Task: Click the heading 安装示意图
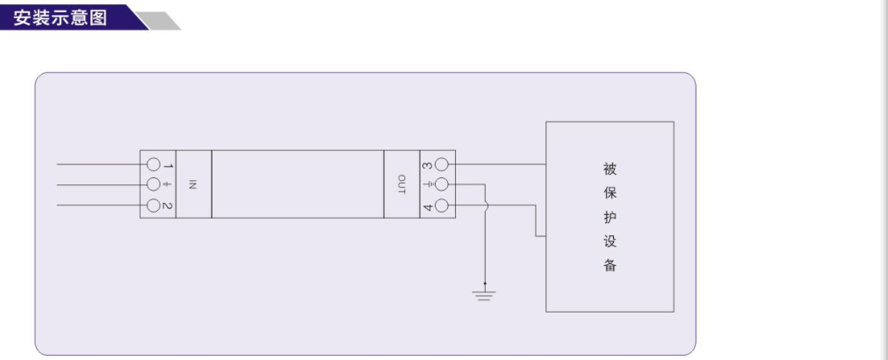(x=61, y=17)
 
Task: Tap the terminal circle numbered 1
(x=154, y=164)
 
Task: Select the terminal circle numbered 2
(x=154, y=206)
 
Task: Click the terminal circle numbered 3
(x=442, y=164)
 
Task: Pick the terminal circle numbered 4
(x=442, y=206)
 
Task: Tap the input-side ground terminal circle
(x=154, y=185)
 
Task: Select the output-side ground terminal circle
(x=442, y=185)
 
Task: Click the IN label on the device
(x=193, y=185)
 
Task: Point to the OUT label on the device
(x=401, y=185)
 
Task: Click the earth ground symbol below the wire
(x=485, y=292)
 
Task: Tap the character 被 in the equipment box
(x=610, y=169)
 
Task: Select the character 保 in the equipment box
(x=610, y=192)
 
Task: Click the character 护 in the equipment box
(x=610, y=217)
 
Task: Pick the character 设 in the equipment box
(x=610, y=241)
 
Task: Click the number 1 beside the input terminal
(x=169, y=164)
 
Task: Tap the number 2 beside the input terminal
(x=169, y=206)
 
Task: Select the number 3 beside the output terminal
(x=427, y=164)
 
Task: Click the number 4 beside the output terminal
(x=427, y=206)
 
